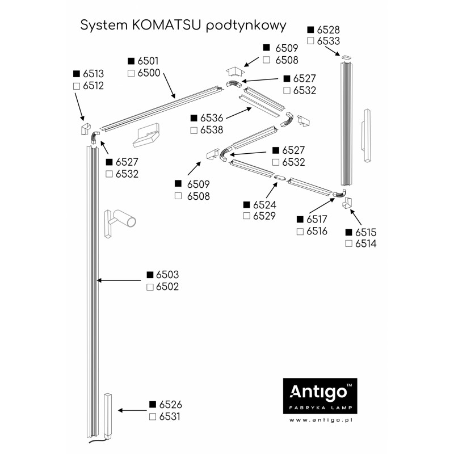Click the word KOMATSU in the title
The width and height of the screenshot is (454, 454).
166,25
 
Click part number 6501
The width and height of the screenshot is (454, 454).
148,61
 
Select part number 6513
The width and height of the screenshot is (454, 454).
93,74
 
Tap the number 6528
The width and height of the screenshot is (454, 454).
329,30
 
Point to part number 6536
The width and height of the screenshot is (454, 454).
212,118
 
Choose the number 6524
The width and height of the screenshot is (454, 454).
264,205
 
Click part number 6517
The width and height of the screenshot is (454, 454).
317,220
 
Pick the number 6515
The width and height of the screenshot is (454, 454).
365,233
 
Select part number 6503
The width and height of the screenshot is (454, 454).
167,275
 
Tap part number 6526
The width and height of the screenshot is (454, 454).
171,405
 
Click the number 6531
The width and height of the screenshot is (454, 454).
170,417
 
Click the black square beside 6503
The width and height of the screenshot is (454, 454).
150,275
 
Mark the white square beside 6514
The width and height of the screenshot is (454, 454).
348,243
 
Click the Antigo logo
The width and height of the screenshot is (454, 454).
320,396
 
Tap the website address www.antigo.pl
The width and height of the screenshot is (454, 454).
321,420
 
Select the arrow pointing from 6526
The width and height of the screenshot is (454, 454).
132,410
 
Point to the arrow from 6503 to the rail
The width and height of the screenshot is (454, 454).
119,280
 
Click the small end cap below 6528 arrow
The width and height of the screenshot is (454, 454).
346,57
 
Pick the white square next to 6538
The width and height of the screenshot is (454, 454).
194,131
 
